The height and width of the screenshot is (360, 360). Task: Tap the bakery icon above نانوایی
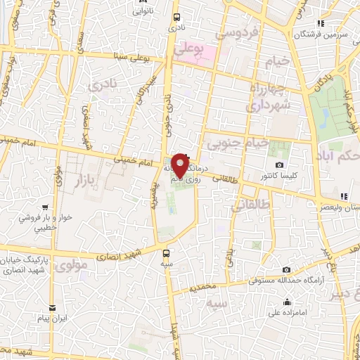[x=138, y=2]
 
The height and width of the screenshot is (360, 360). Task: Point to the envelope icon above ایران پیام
[x=52, y=307]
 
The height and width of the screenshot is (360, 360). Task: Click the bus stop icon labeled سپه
[x=167, y=253]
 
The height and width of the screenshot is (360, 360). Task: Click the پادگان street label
[x=321, y=84]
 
